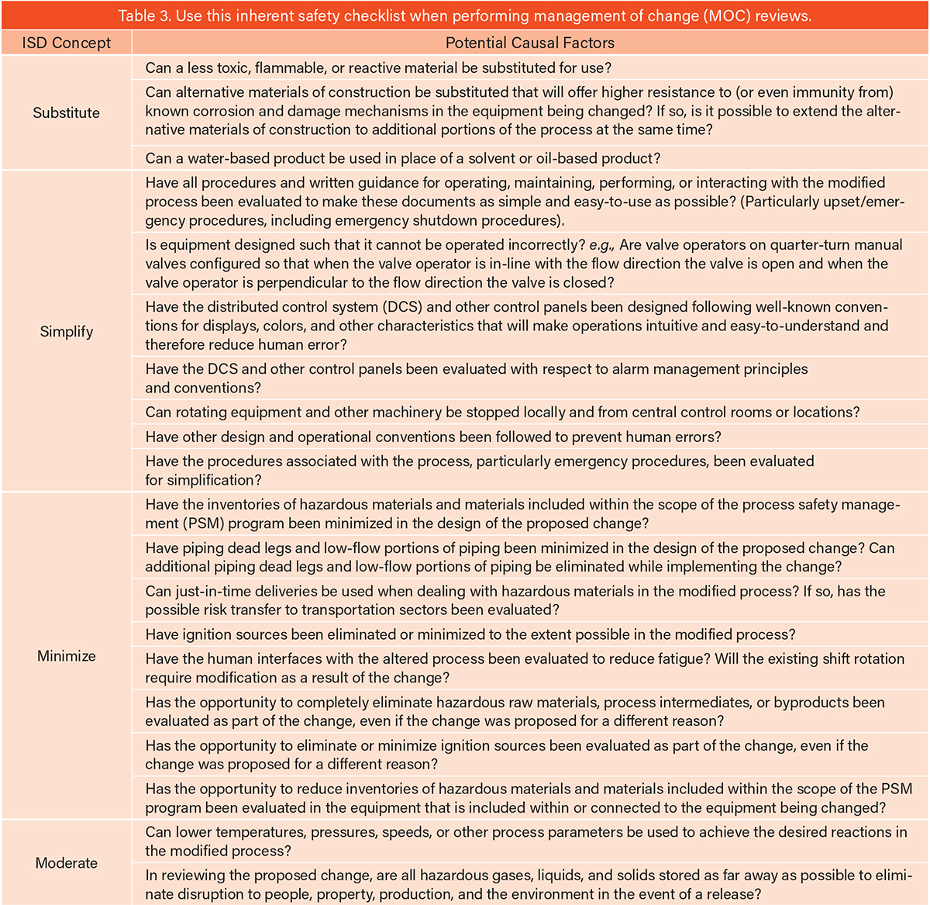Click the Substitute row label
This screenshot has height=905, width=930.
66,112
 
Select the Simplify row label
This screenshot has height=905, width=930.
66,332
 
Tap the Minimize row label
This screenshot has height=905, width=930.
66,656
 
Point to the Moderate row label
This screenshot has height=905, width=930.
66,863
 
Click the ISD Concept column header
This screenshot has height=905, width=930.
66,43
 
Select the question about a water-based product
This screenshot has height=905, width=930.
403,158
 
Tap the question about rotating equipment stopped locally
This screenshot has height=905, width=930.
502,413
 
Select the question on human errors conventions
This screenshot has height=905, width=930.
433,437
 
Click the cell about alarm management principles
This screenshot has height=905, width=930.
476,378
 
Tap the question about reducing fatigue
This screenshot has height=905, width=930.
524,668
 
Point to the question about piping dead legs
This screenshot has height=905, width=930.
519,557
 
